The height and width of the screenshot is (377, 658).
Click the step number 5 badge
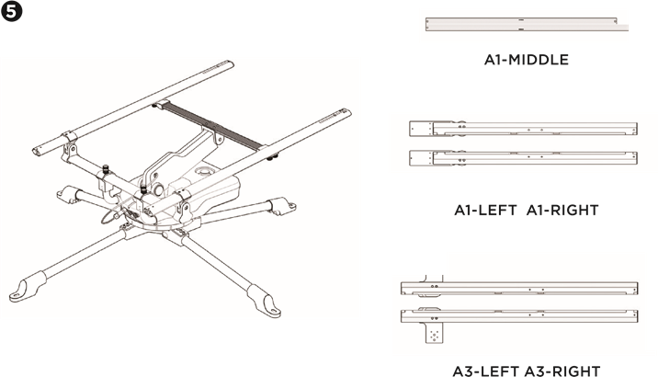click(x=11, y=11)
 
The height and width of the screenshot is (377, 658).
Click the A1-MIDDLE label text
click(x=527, y=60)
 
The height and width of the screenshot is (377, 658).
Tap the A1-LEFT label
click(x=485, y=210)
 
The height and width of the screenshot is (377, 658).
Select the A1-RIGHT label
click(x=562, y=210)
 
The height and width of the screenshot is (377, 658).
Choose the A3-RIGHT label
click(x=562, y=371)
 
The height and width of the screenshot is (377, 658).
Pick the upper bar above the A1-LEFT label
click(x=523, y=129)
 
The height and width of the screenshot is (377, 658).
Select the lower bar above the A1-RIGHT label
click(x=523, y=158)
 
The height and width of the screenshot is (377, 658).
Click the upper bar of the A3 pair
click(x=519, y=289)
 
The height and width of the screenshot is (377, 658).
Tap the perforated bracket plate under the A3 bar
click(x=435, y=334)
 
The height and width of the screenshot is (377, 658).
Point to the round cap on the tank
click(x=205, y=172)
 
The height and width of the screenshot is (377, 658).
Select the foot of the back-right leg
click(x=286, y=207)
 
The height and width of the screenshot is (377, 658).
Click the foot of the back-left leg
click(x=66, y=194)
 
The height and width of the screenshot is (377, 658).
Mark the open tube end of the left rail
click(x=39, y=152)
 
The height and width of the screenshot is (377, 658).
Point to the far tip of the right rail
click(x=346, y=112)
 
